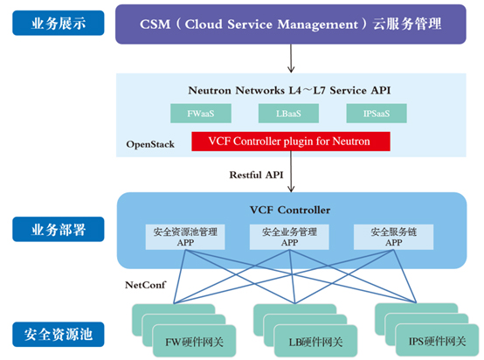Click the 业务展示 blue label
(x=59, y=23)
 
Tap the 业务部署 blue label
(x=59, y=229)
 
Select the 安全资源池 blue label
(x=59, y=334)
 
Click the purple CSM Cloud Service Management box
(x=291, y=24)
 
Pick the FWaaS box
(x=201, y=114)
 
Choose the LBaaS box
(x=288, y=114)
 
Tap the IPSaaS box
(x=377, y=114)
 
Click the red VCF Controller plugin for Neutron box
(x=291, y=142)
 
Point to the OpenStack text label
(x=150, y=144)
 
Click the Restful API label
(x=256, y=175)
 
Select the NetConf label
(x=145, y=285)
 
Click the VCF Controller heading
(x=290, y=210)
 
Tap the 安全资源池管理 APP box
(x=185, y=237)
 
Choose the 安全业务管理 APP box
(x=289, y=237)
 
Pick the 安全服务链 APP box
(x=393, y=237)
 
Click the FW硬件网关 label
(x=194, y=342)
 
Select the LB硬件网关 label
(x=315, y=342)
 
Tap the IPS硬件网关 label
(x=437, y=341)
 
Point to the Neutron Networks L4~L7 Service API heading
(x=289, y=90)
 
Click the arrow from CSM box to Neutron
(x=291, y=59)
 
